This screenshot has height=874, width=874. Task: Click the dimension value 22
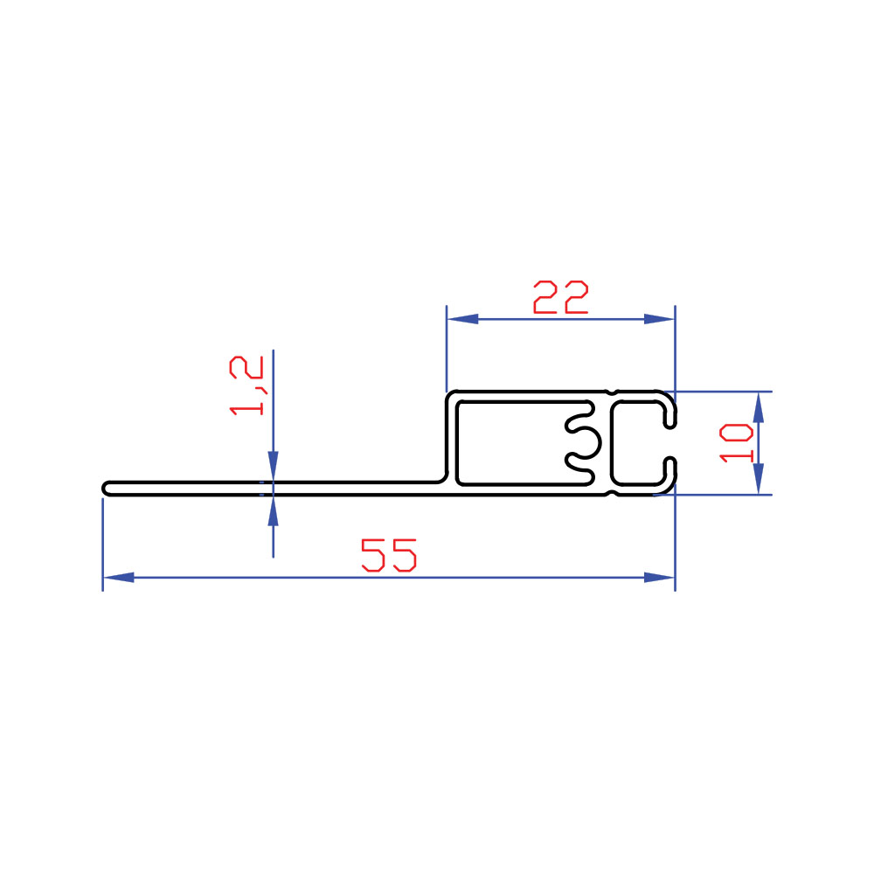click(x=561, y=297)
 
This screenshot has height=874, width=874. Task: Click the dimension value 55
click(x=389, y=555)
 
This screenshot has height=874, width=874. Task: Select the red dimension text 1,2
click(x=247, y=385)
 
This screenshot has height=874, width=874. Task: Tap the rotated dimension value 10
click(x=736, y=443)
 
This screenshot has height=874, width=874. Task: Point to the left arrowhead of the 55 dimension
click(x=118, y=578)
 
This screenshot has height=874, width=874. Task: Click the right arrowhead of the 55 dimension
click(x=659, y=578)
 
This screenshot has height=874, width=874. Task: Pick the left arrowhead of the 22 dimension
click(x=462, y=319)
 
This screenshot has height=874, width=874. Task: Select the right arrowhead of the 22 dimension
click(x=659, y=319)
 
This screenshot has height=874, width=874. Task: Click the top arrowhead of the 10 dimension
click(x=758, y=407)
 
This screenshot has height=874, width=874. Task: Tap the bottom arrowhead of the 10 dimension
click(x=758, y=479)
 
